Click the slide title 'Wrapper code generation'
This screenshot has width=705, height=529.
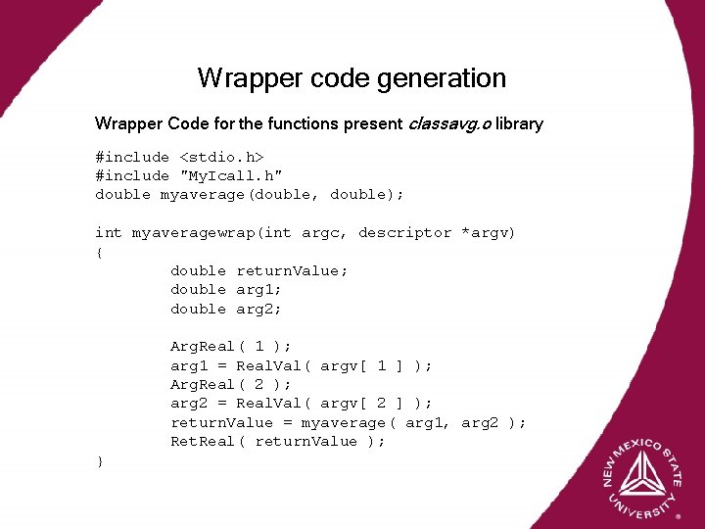tap(352, 77)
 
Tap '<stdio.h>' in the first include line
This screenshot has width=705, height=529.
tap(221, 157)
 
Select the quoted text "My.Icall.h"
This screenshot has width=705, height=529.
tap(231, 175)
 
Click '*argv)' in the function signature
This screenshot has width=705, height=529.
tap(490, 232)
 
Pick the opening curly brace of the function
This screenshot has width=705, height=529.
tap(99, 252)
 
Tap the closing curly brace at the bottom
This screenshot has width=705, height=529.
tap(99, 461)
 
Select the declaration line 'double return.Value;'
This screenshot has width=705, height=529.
tap(259, 270)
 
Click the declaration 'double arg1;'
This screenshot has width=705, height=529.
tap(226, 289)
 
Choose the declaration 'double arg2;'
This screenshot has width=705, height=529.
tap(226, 309)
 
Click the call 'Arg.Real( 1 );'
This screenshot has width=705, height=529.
tap(231, 346)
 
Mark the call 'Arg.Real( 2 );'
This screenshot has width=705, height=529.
tap(231, 384)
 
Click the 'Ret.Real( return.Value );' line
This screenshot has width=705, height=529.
tap(278, 441)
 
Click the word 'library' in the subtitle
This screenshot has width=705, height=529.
tap(519, 124)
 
